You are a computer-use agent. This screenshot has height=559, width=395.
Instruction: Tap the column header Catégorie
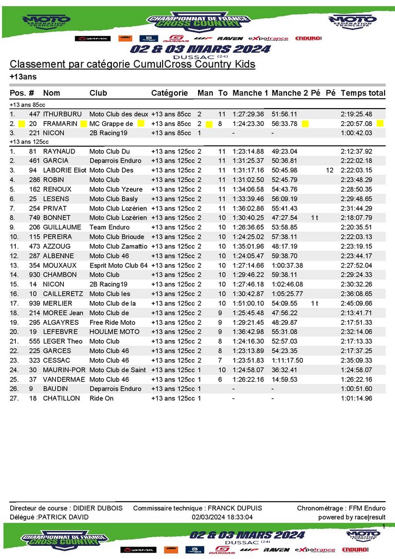pyautogui.click(x=169, y=93)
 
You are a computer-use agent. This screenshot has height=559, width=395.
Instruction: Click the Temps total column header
pyautogui.click(x=363, y=93)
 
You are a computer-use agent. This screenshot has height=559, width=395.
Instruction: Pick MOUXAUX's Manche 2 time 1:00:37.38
pyautogui.click(x=288, y=265)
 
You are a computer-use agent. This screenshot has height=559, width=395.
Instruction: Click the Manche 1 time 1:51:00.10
pyautogui.click(x=248, y=304)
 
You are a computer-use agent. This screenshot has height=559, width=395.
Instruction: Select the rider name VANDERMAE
pyautogui.click(x=63, y=379)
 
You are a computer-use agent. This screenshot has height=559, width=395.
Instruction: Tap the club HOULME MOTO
pyautogui.click(x=115, y=332)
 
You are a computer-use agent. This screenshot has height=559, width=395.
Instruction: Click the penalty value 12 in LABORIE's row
pyautogui.click(x=330, y=170)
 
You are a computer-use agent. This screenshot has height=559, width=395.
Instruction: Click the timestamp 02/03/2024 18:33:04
pyautogui.click(x=222, y=517)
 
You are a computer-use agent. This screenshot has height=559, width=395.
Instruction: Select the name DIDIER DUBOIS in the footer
pyautogui.click(x=98, y=508)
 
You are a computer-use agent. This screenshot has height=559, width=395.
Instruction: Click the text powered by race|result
pyautogui.click(x=352, y=517)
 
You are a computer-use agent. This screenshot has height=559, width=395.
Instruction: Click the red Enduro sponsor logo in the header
pyautogui.click(x=308, y=38)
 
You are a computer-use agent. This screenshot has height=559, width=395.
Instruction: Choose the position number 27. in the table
pyautogui.click(x=14, y=399)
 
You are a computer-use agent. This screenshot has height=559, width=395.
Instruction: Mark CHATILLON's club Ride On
pyautogui.click(x=101, y=399)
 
